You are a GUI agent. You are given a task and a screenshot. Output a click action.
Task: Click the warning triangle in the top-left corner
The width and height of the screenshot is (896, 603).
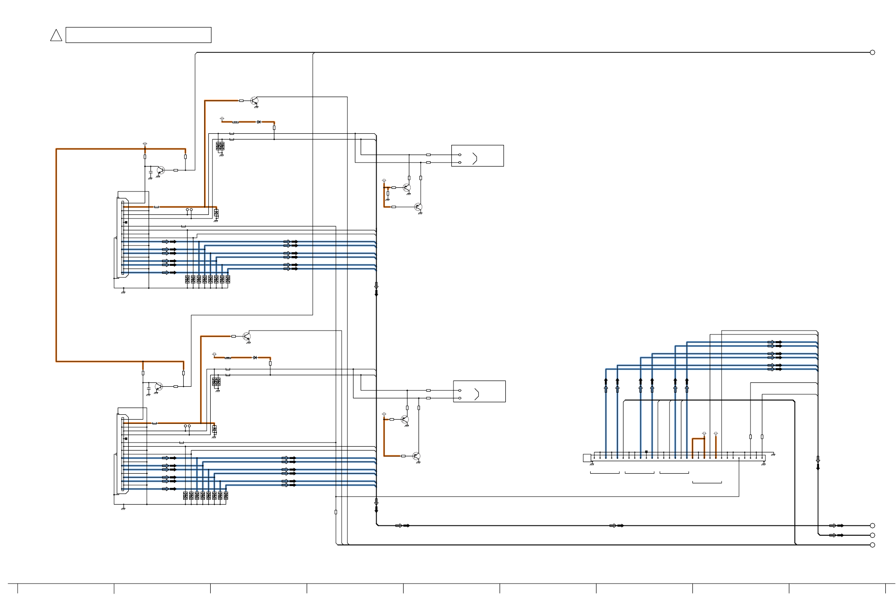56,35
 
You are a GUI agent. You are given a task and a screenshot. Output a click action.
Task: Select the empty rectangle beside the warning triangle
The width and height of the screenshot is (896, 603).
138,35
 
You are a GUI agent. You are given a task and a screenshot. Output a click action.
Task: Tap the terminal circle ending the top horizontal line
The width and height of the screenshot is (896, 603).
873,52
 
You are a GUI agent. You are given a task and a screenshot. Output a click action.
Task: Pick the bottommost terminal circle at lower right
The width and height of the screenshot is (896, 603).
873,545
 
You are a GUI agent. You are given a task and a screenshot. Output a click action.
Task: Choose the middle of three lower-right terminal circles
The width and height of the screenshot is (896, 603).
873,535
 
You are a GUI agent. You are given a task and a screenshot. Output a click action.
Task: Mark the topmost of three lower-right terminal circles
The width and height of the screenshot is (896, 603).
873,525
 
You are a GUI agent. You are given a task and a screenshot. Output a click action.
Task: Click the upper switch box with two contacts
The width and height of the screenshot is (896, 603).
477,156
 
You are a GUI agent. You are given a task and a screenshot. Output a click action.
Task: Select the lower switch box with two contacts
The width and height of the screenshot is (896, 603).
479,392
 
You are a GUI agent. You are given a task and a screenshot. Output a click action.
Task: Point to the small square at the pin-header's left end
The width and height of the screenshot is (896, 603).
587,458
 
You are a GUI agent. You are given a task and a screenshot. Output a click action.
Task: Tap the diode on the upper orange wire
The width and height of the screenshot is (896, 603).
259,122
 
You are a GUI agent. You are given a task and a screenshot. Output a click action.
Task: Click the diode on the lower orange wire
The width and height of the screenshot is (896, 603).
255,358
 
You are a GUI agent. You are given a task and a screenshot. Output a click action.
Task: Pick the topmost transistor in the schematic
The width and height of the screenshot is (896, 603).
254,101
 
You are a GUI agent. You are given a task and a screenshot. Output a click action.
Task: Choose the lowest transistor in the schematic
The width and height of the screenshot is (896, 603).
416,456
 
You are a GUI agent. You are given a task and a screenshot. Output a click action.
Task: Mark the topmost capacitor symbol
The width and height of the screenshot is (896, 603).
150,171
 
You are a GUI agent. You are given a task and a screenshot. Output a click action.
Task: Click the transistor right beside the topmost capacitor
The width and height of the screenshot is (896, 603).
161,171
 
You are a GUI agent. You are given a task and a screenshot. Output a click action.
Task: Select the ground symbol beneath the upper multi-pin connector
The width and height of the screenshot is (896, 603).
123,292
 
